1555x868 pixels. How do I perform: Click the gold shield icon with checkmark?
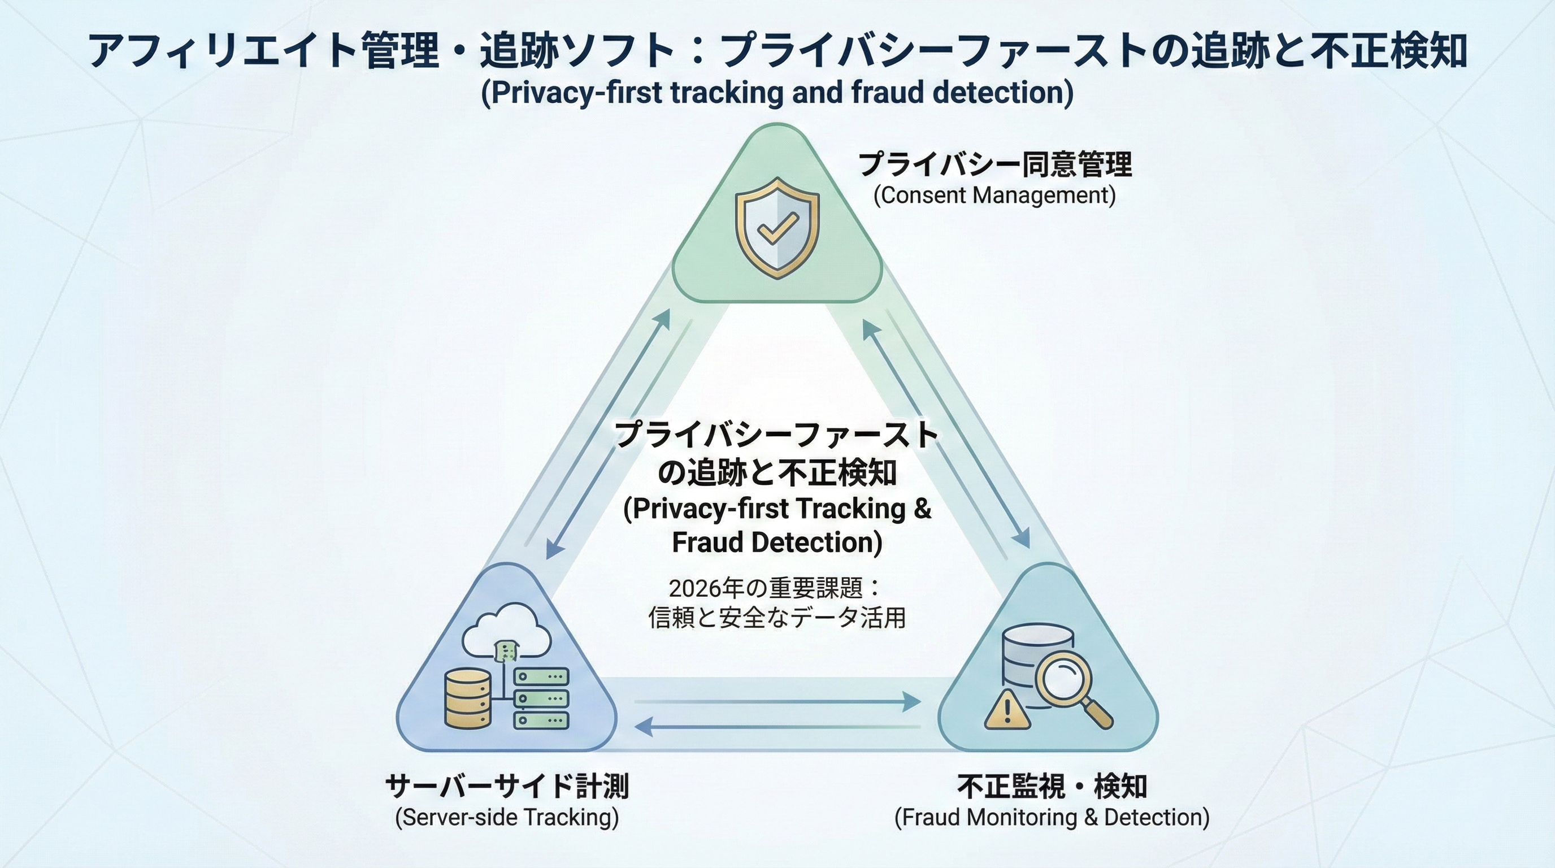click(x=777, y=228)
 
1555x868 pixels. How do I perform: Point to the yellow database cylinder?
click(x=467, y=698)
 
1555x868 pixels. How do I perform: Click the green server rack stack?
click(x=541, y=698)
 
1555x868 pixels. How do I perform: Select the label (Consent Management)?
click(x=994, y=196)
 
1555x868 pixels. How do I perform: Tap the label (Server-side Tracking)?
click(x=507, y=817)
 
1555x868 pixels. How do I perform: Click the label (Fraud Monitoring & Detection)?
click(x=1052, y=817)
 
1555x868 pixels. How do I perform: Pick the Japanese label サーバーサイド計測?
click(x=507, y=786)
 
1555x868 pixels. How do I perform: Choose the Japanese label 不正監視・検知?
click(x=1052, y=786)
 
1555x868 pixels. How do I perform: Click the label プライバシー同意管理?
click(x=995, y=164)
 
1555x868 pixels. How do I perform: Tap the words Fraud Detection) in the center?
click(x=777, y=542)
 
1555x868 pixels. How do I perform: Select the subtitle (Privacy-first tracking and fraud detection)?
click(x=777, y=92)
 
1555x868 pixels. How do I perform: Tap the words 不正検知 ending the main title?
click(x=1388, y=51)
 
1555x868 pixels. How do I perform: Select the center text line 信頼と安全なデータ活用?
click(x=777, y=618)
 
